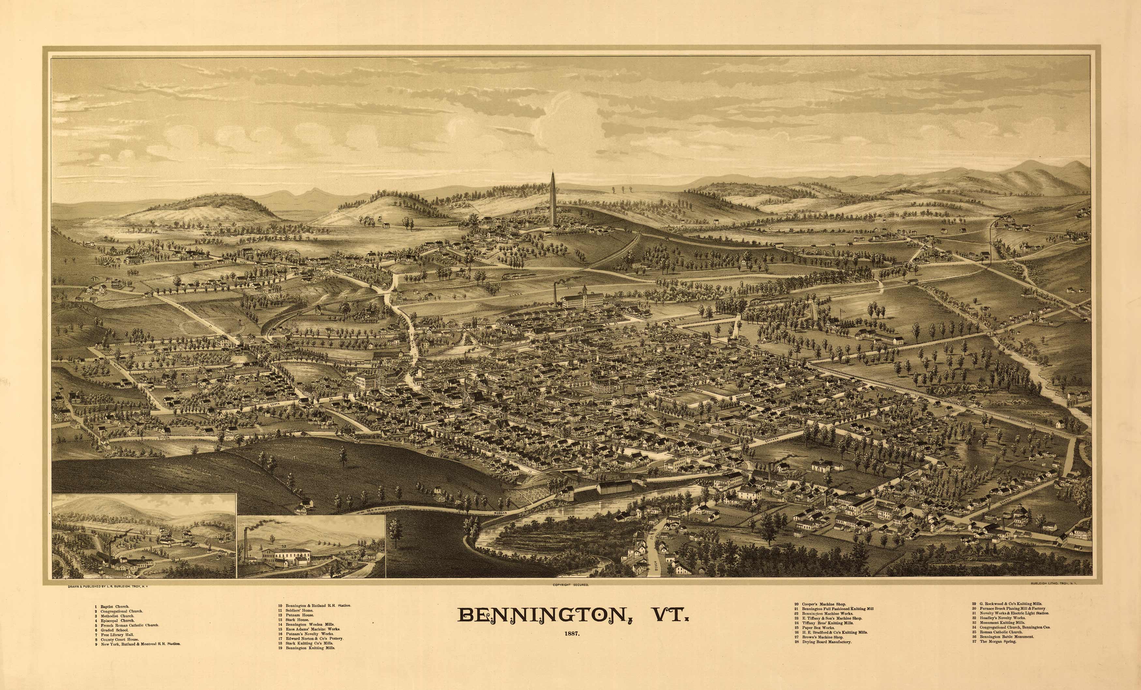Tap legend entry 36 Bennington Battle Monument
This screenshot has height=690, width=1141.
coord(1002,637)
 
